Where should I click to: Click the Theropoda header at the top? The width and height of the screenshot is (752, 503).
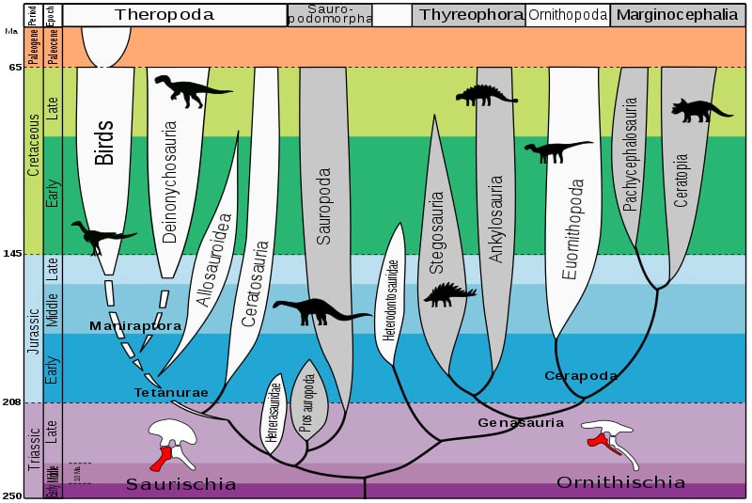[x=164, y=14]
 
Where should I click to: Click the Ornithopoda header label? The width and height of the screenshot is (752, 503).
[x=567, y=14]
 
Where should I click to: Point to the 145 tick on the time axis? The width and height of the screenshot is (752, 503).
[x=12, y=255]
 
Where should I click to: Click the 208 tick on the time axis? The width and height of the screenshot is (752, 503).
[x=12, y=402]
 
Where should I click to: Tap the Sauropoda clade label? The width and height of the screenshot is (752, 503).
[x=324, y=208]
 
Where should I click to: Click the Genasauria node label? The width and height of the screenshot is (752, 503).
[x=521, y=423]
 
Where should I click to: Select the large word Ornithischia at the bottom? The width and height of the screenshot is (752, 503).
[x=620, y=482]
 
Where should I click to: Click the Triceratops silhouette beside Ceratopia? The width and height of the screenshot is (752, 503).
[x=700, y=110]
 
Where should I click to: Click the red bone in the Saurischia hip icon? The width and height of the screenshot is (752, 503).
[x=164, y=457]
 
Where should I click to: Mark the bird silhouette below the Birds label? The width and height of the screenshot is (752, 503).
[x=102, y=236]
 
